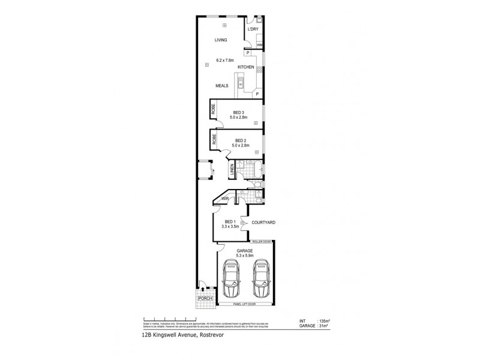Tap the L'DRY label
(253, 29)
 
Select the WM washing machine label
(260, 45)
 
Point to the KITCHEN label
(246, 67)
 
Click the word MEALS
(223, 86)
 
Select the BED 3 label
(239, 112)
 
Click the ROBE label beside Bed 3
(213, 110)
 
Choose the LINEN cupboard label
(232, 170)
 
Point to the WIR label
(226, 198)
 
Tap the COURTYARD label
(263, 222)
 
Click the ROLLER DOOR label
(262, 242)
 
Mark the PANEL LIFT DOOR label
(247, 305)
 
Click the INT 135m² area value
(322, 321)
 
